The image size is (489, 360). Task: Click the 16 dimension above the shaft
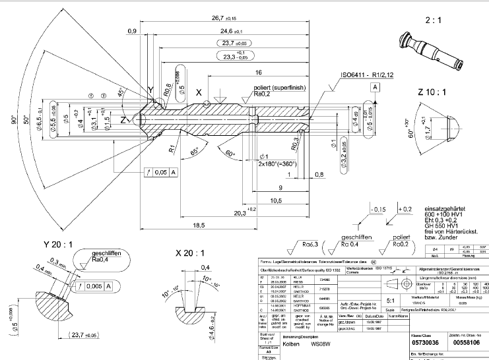click(x=259, y=73)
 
